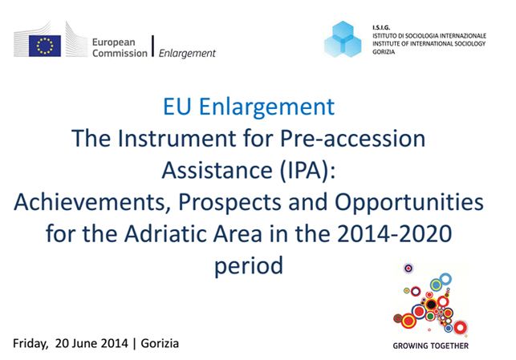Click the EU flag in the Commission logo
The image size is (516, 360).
tap(45, 46)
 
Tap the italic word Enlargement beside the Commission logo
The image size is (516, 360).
tap(187, 53)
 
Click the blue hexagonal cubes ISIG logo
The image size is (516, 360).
tap(343, 39)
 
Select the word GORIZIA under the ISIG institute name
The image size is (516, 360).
tap(384, 51)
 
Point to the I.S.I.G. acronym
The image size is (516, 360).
tap(381, 27)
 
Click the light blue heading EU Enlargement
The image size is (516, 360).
tap(249, 107)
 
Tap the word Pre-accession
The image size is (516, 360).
tap(353, 139)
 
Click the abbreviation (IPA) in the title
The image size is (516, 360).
tap(307, 170)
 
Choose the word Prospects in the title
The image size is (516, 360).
tap(230, 203)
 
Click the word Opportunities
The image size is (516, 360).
tap(409, 203)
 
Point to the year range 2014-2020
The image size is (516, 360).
tap(395, 234)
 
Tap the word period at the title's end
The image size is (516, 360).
tap(249, 266)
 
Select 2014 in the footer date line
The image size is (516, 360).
tap(114, 343)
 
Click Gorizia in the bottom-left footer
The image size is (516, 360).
tap(160, 343)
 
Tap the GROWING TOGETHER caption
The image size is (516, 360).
tap(430, 346)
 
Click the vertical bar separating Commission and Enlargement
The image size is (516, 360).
tap(152, 46)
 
